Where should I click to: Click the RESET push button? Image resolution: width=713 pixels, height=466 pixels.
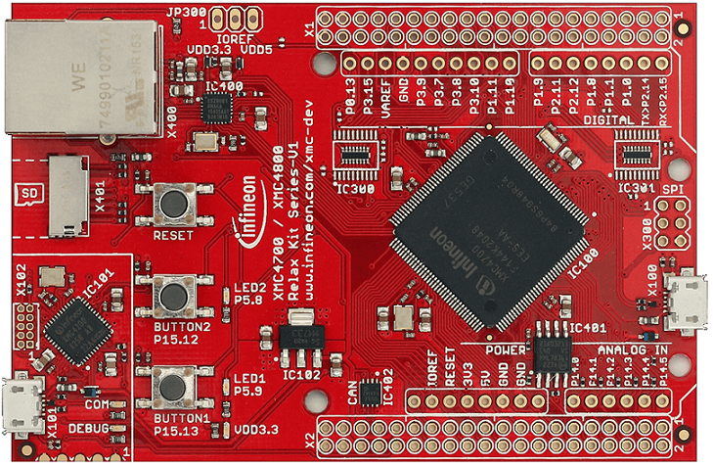[x=174, y=204]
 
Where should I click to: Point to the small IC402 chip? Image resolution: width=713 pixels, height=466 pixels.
[x=371, y=393]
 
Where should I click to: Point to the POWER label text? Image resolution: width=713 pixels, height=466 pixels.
[x=507, y=349]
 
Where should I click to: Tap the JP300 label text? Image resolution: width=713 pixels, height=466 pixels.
[x=186, y=10]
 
